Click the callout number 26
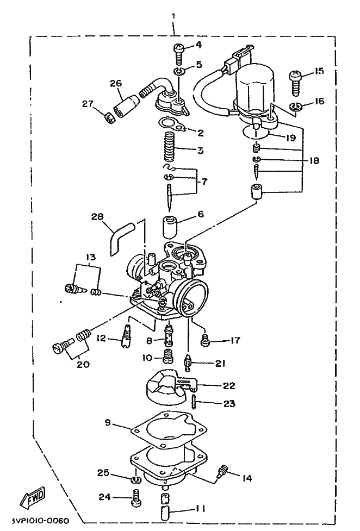point(116,83)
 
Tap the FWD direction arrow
point(33,498)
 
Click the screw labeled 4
point(179,53)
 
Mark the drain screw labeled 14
point(222,471)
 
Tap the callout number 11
point(200,509)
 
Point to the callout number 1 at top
point(173,16)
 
